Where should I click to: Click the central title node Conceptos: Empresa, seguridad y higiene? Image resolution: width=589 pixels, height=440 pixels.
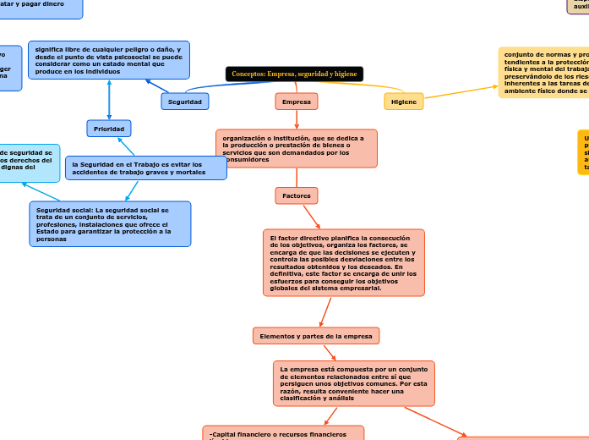[x=294, y=74]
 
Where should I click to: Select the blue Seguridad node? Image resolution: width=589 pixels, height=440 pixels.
[x=184, y=102]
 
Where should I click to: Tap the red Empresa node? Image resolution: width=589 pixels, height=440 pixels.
[x=297, y=102]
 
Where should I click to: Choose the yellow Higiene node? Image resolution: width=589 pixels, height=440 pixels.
[x=404, y=102]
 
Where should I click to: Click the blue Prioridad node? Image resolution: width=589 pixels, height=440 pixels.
[x=109, y=129]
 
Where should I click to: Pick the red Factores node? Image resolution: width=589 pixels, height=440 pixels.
[x=297, y=195]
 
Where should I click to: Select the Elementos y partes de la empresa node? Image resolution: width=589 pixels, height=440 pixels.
[x=316, y=336]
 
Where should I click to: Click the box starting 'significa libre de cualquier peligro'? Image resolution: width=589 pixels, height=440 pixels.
[x=108, y=60]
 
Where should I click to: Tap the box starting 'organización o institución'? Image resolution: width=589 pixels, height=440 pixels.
[x=296, y=149]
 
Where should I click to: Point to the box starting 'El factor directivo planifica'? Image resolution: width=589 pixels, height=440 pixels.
[x=343, y=262]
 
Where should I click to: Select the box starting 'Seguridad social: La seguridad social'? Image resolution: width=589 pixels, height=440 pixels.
[x=110, y=224]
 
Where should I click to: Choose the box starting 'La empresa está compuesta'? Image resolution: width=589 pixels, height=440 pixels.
[x=353, y=383]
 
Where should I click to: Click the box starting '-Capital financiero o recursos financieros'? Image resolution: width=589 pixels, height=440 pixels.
[x=283, y=433]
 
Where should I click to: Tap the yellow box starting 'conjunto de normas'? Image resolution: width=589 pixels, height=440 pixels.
[x=543, y=73]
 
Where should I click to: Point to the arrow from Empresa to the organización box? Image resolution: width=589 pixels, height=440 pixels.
[x=297, y=120]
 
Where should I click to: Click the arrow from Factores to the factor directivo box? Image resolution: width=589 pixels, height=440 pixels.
[x=311, y=217]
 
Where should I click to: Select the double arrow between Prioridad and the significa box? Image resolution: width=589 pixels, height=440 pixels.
[x=109, y=100]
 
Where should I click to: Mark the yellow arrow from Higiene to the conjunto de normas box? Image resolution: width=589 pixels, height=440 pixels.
[x=461, y=94]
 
